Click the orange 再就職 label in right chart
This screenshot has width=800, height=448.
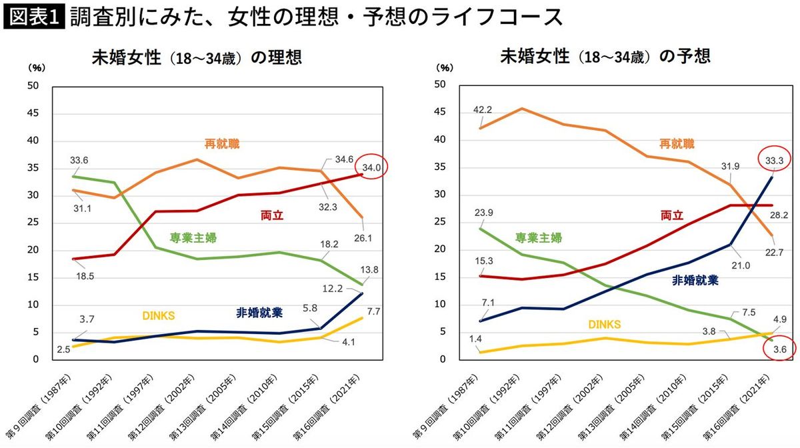(677, 143)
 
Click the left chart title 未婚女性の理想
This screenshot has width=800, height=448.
(196, 57)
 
